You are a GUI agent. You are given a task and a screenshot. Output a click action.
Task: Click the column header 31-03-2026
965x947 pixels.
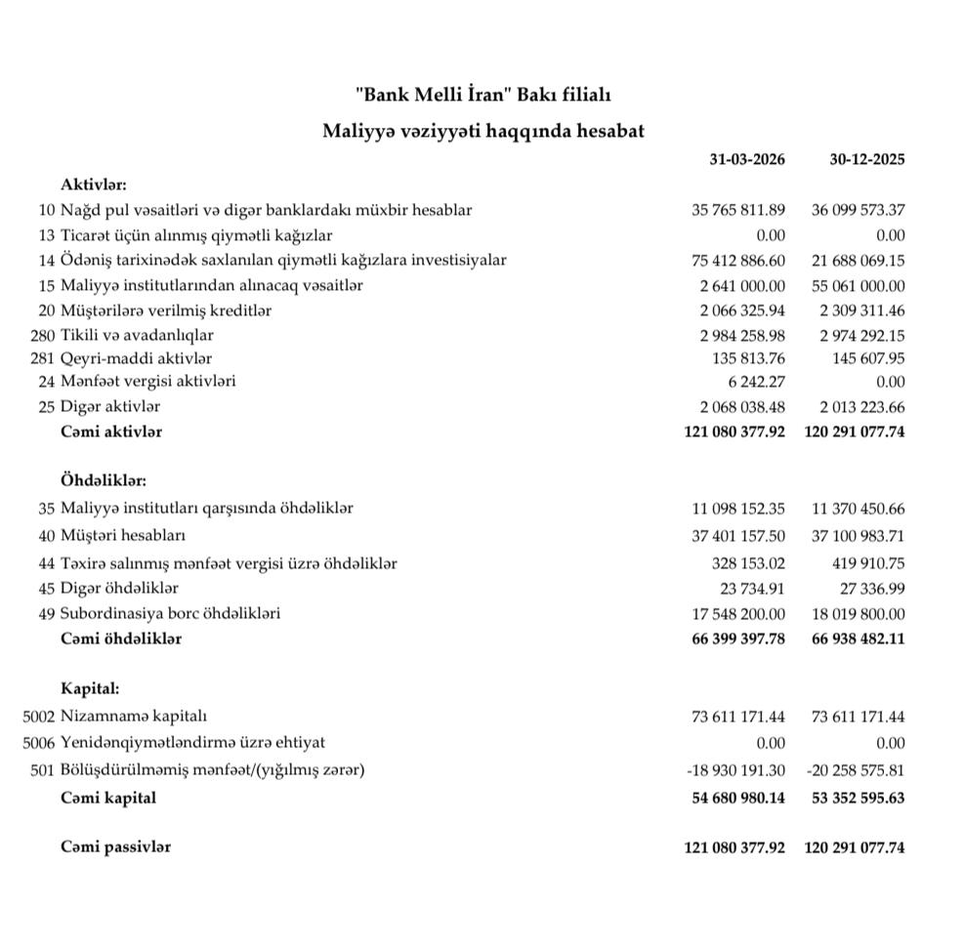pyautogui.click(x=747, y=159)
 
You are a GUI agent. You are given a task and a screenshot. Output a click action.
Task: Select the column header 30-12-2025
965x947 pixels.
pyautogui.click(x=866, y=159)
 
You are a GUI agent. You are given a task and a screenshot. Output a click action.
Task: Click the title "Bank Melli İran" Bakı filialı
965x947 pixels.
pyautogui.click(x=482, y=95)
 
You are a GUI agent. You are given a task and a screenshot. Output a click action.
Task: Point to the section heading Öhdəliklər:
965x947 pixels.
pyautogui.click(x=103, y=481)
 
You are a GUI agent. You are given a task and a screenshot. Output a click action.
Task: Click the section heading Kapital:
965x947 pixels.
pyautogui.click(x=90, y=688)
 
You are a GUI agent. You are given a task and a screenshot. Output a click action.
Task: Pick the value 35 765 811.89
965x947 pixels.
pyautogui.click(x=737, y=210)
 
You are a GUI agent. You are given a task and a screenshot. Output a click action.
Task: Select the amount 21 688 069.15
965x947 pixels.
pyautogui.click(x=858, y=260)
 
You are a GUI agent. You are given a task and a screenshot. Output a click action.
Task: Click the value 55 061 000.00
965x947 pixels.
pyautogui.click(x=858, y=285)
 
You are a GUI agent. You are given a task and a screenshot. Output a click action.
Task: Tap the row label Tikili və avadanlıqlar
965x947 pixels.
pyautogui.click(x=137, y=335)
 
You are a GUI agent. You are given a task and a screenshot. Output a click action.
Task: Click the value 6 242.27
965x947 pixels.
pyautogui.click(x=755, y=382)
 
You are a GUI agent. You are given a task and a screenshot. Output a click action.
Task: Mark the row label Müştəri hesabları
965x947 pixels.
pyautogui.click(x=123, y=535)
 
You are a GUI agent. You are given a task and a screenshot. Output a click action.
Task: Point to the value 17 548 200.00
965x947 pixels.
pyautogui.click(x=737, y=614)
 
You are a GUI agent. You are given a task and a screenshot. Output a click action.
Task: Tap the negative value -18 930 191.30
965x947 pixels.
pyautogui.click(x=735, y=770)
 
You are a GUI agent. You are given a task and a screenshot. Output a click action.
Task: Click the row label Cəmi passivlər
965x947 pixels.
pyautogui.click(x=115, y=847)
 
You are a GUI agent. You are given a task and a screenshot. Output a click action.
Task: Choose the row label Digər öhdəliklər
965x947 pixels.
pyautogui.click(x=119, y=588)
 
